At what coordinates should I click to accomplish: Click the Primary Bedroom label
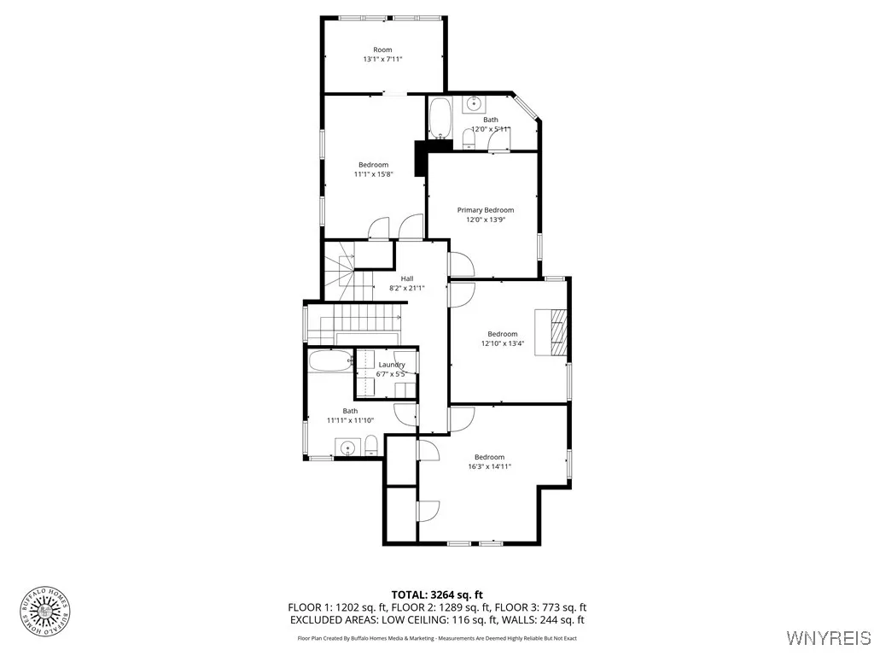(486, 210)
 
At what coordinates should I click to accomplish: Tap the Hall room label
(407, 278)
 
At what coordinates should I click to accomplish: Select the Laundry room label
(392, 365)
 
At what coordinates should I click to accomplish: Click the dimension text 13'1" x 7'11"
(382, 59)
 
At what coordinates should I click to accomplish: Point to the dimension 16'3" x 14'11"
(490, 466)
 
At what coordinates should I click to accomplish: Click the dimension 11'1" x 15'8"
(373, 174)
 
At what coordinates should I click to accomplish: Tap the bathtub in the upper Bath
(440, 118)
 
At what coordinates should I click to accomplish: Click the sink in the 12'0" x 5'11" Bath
(474, 105)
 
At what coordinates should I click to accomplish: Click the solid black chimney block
(420, 158)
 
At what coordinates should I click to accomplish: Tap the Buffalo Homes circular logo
(44, 610)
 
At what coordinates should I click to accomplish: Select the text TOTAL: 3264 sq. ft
(437, 594)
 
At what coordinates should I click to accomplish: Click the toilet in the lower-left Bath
(371, 445)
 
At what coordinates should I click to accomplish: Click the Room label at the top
(382, 50)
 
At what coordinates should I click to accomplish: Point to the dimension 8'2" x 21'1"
(407, 288)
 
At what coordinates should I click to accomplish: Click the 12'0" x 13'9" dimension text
(486, 220)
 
